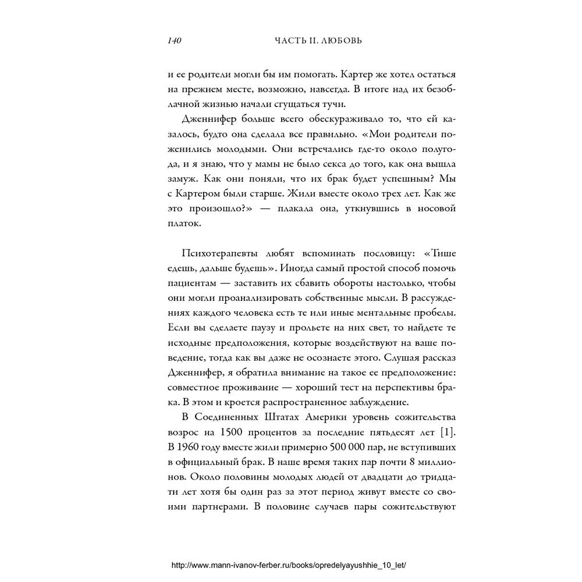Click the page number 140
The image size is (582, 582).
pos(175,41)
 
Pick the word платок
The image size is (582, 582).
pos(184,223)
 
